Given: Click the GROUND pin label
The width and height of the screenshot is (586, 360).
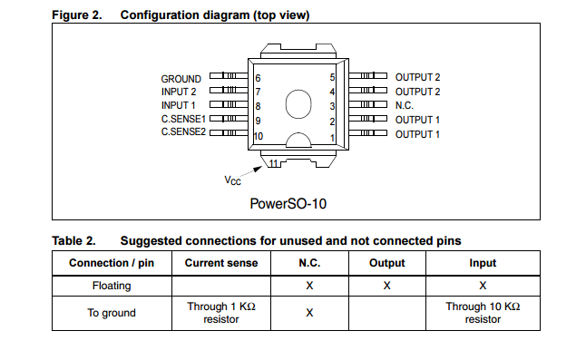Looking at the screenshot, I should [x=181, y=79].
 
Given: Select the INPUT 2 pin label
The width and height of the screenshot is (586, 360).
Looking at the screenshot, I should [x=180, y=92].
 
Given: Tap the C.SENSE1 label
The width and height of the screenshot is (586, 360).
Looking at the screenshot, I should [x=183, y=120].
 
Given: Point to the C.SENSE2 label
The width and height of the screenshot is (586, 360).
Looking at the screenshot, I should [x=183, y=133].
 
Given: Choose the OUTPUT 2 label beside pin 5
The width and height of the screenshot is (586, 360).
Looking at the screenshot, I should [x=417, y=78].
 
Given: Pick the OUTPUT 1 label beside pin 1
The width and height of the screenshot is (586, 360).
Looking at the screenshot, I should [x=417, y=134].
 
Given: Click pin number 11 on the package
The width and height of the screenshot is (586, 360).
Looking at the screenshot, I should [x=274, y=163].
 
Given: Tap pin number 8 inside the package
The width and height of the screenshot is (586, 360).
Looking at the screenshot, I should [x=258, y=106].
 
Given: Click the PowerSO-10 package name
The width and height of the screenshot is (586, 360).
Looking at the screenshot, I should [x=288, y=204].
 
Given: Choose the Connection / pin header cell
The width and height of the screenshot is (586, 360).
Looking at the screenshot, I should [x=112, y=263].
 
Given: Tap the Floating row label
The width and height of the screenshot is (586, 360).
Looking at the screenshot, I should [x=112, y=286].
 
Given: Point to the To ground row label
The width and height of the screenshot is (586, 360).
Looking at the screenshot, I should [x=112, y=313].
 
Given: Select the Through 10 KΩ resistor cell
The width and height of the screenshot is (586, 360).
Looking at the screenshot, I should [x=482, y=313].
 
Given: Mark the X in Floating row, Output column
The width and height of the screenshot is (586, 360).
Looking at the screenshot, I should [x=386, y=286].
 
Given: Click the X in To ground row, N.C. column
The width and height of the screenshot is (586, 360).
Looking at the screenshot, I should [x=309, y=313].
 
